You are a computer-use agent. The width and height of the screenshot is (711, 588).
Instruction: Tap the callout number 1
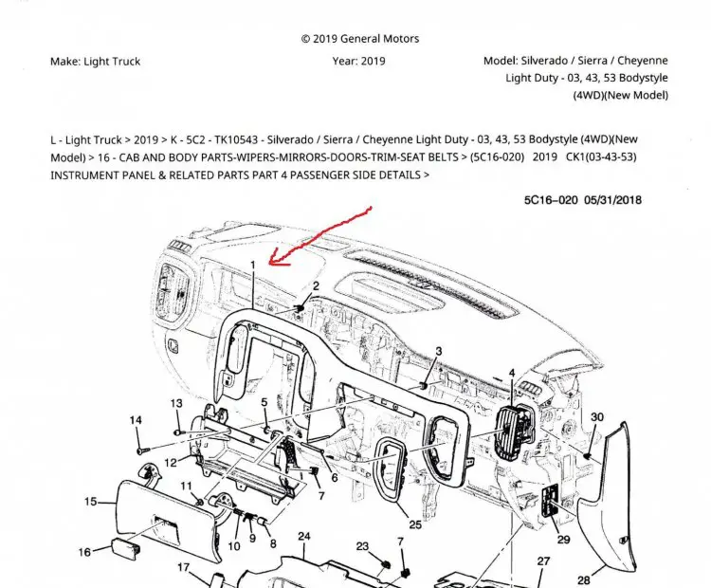point(253,264)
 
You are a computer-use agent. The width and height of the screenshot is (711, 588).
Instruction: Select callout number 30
point(597,416)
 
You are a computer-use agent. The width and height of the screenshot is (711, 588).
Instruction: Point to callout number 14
point(136,420)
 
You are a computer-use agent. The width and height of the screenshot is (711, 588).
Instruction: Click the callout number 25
point(414,524)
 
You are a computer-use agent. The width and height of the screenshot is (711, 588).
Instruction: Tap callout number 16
point(85,552)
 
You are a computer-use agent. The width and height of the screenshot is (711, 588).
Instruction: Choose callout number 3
point(438,351)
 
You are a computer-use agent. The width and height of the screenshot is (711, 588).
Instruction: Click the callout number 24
point(303,537)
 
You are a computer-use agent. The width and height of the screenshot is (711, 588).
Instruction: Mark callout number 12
point(170,463)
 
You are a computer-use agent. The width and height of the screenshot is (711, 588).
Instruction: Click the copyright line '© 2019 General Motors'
point(359,39)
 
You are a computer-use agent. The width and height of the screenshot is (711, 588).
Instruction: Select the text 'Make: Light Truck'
point(95,62)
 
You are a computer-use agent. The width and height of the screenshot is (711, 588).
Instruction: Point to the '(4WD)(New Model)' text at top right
point(620,95)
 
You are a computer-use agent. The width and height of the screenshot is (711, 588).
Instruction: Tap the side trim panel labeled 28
point(635,493)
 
